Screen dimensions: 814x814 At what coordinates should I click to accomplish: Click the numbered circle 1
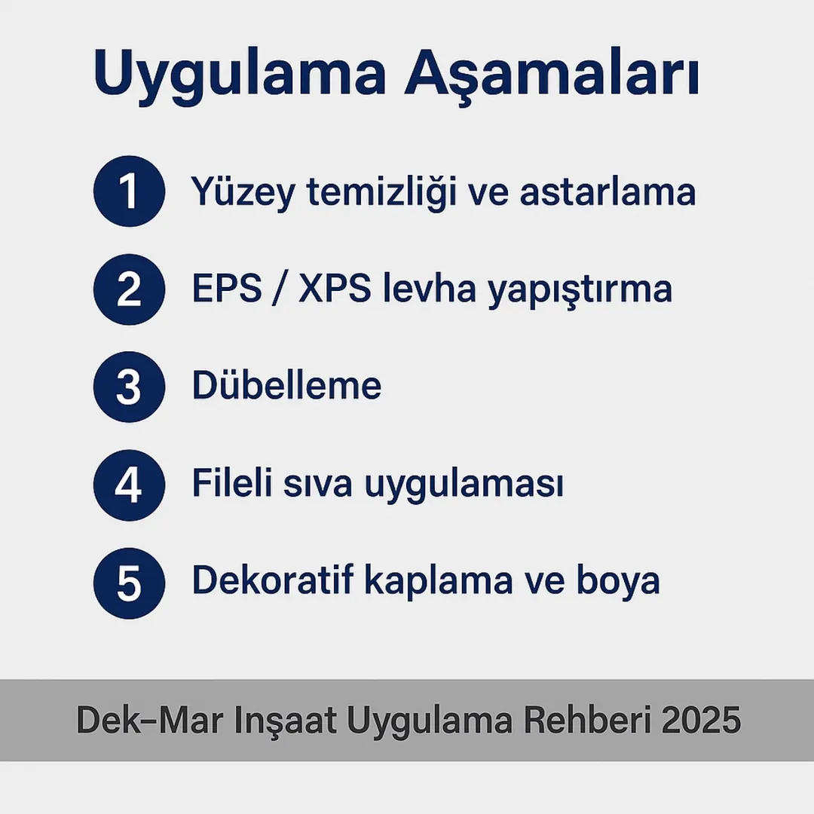click(x=129, y=191)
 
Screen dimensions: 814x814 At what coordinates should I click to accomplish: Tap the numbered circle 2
click(x=129, y=289)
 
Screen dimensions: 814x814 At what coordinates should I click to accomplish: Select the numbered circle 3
click(x=129, y=387)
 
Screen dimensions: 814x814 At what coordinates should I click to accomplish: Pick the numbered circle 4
click(x=129, y=485)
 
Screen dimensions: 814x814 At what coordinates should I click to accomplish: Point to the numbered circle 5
click(x=129, y=583)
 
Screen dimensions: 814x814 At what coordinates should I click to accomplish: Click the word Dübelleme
click(x=286, y=386)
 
